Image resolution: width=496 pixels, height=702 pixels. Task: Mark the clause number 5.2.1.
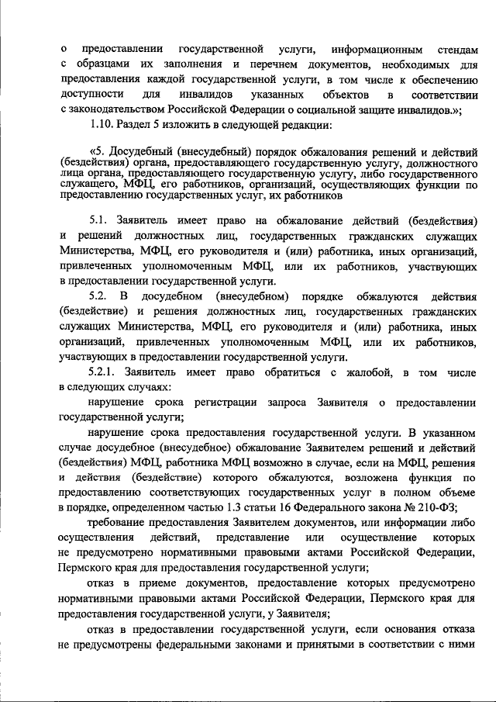point(105,372)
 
